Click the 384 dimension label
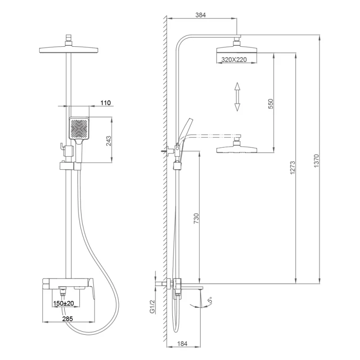click(201, 15)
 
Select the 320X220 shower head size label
click(234, 59)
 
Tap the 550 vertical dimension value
click(270, 103)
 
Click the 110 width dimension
click(105, 103)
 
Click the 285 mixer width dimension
click(68, 318)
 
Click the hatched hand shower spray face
click(80, 128)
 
